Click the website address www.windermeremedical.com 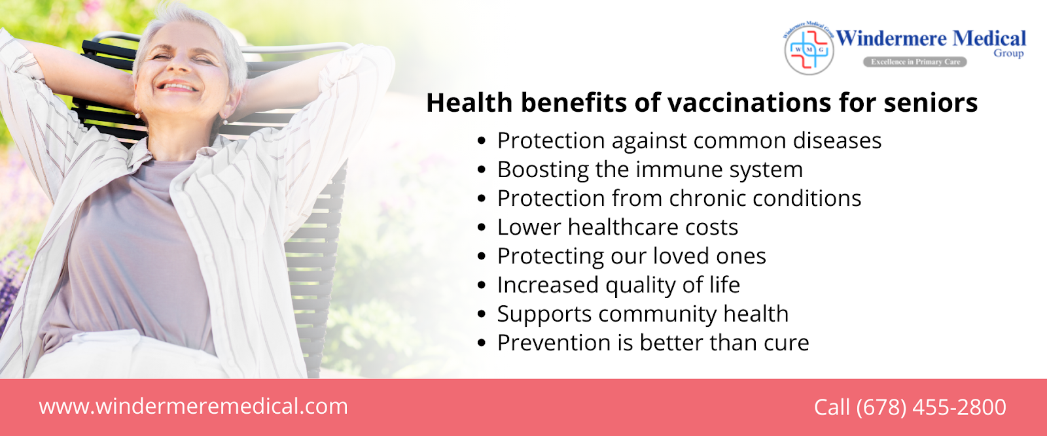coord(194,406)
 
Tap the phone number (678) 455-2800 coord(931,407)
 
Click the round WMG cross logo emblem coord(809,49)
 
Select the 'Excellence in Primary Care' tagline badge coord(915,61)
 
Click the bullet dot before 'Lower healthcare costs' coord(482,227)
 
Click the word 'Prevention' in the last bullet coord(554,343)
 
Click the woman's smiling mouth coord(177,86)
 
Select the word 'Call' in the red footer coord(832,407)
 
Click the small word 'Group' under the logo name coord(1008,53)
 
